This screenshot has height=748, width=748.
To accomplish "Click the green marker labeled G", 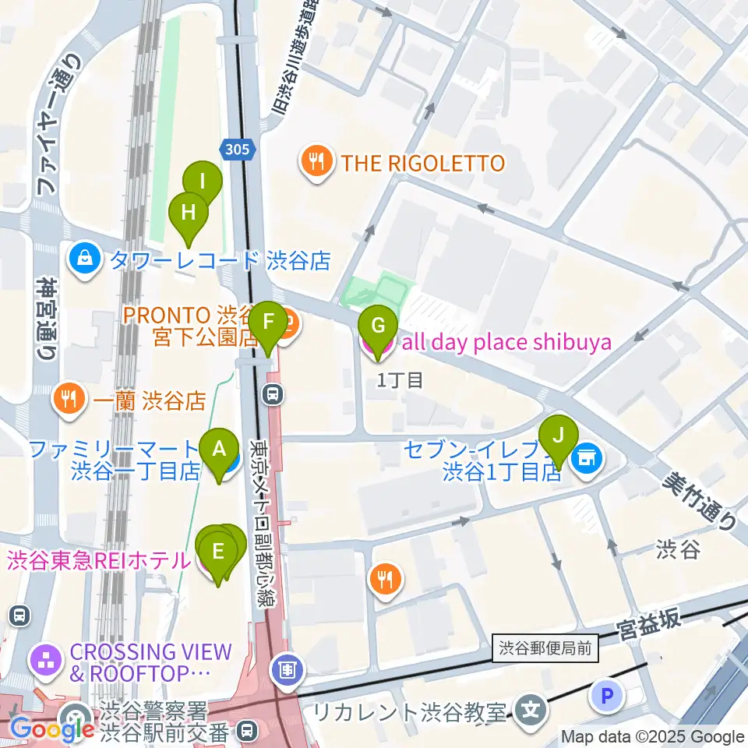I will (378, 324).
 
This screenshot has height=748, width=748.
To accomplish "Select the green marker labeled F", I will (269, 321).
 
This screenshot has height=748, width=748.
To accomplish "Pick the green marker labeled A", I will (219, 449).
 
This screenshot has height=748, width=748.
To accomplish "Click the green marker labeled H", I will (189, 212).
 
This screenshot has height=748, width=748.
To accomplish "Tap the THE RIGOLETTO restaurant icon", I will (316, 162).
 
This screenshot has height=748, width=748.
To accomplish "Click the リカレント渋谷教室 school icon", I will (532, 711).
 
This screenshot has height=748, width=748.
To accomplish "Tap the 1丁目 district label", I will (400, 379).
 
